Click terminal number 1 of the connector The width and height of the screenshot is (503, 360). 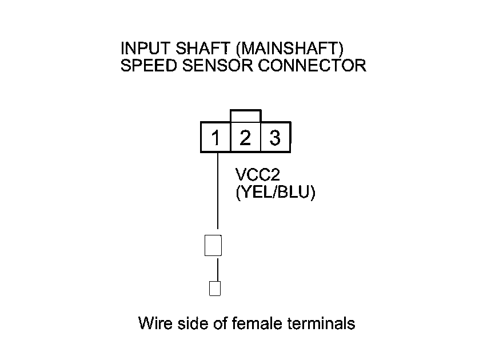click(x=215, y=138)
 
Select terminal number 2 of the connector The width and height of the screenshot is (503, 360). click(x=245, y=138)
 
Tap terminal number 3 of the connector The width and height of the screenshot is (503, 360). click(x=275, y=138)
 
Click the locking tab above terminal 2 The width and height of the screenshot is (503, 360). click(x=245, y=116)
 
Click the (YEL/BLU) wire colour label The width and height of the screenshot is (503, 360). click(x=276, y=193)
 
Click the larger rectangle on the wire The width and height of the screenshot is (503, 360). click(x=213, y=246)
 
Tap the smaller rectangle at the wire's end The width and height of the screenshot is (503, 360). click(x=215, y=289)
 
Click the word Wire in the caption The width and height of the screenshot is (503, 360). click(x=154, y=324)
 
